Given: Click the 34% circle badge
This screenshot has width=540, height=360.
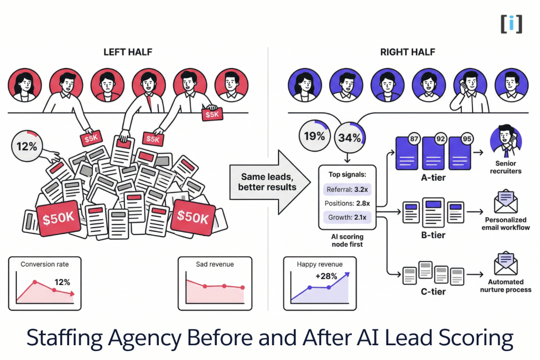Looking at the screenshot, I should click(350, 139).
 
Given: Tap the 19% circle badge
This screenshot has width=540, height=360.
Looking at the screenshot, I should click(314, 135).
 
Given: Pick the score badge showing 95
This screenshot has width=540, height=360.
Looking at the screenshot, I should click(467, 141).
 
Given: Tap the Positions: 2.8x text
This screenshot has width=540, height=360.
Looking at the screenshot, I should click(346, 202).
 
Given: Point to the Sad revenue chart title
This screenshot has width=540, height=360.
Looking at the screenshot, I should click(215, 264).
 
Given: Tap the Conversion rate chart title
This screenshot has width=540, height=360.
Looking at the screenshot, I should click(45, 264).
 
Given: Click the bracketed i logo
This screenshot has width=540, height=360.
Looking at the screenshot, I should click(511, 24).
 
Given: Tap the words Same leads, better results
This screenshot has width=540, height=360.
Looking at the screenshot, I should click(268, 182).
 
